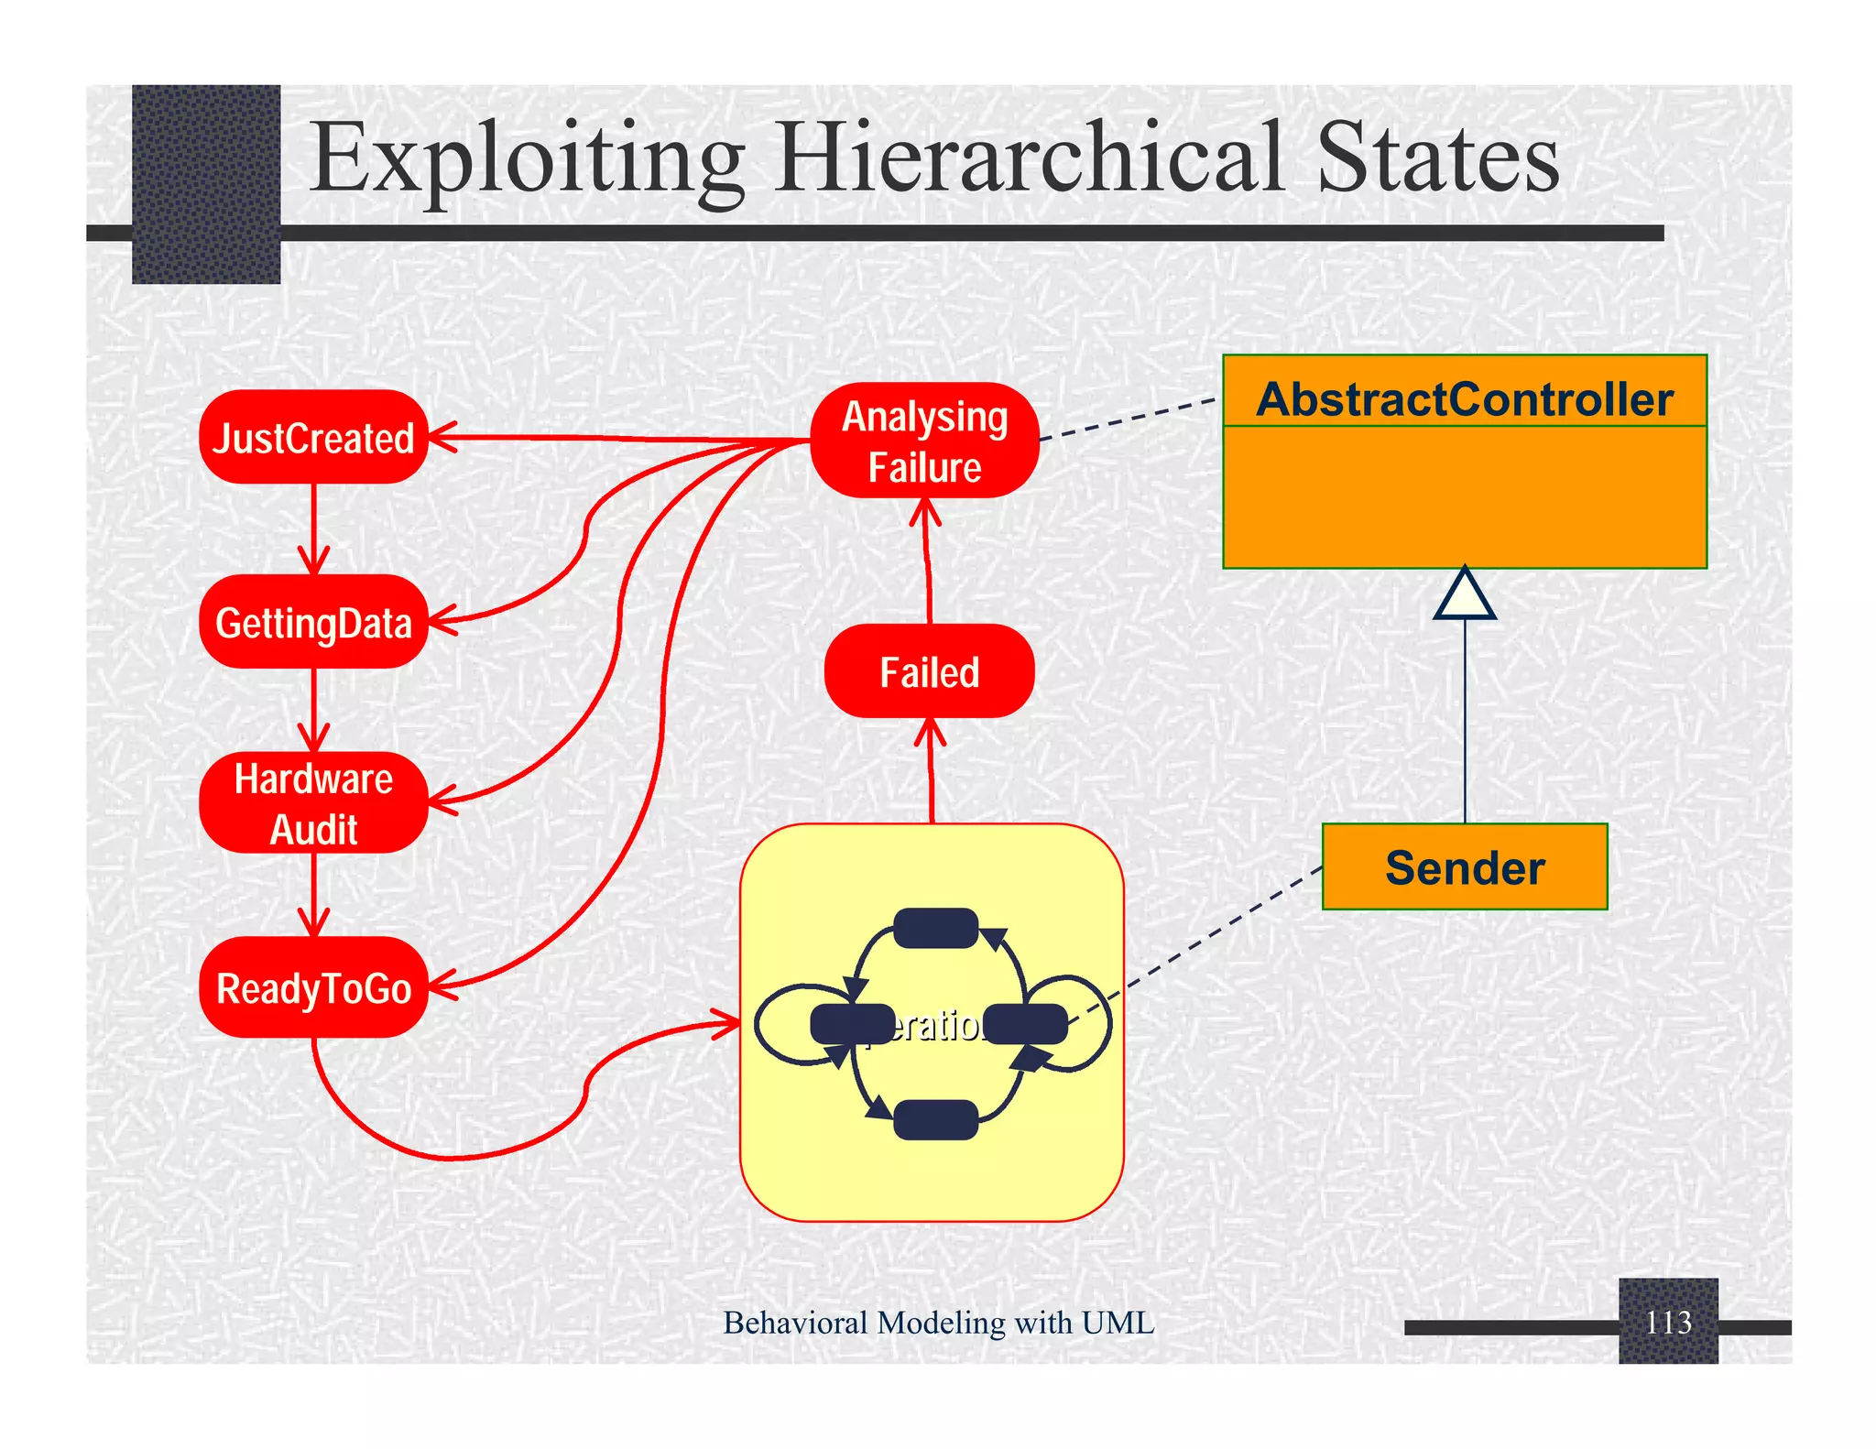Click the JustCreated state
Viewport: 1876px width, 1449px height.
point(313,438)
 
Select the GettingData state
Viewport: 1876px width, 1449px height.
point(313,622)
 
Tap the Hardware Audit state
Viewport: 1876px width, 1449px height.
point(313,803)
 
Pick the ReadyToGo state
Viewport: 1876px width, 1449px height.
point(313,987)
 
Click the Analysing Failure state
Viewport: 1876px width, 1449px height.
point(924,441)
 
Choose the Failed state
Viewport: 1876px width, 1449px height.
point(929,671)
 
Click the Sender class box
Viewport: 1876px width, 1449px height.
point(1464,866)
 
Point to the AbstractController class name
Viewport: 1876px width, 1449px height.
point(1464,398)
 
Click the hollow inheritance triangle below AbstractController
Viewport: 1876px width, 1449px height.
point(1465,595)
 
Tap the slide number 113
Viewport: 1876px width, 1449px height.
point(1667,1322)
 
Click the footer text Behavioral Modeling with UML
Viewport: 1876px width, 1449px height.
point(938,1323)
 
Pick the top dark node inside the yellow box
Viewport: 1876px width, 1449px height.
point(935,928)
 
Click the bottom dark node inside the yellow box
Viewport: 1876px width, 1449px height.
point(935,1119)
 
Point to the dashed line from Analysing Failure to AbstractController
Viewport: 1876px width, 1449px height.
point(1130,419)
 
